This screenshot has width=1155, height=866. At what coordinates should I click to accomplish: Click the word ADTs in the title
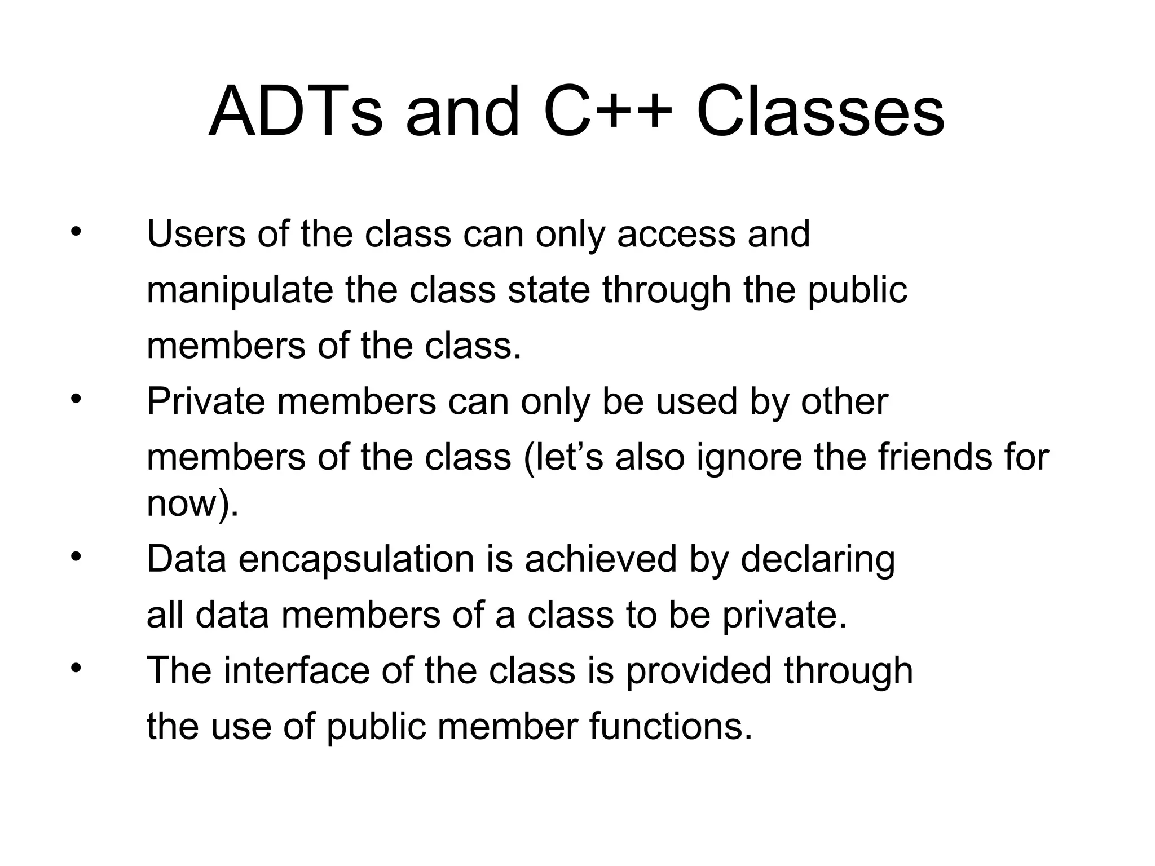click(x=296, y=112)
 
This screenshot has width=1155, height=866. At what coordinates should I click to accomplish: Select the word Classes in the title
click(x=821, y=112)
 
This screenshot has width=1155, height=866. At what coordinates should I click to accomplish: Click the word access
click(x=676, y=235)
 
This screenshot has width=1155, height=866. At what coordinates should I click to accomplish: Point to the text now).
click(x=192, y=503)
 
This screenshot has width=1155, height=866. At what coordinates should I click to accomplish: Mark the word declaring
click(x=817, y=560)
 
